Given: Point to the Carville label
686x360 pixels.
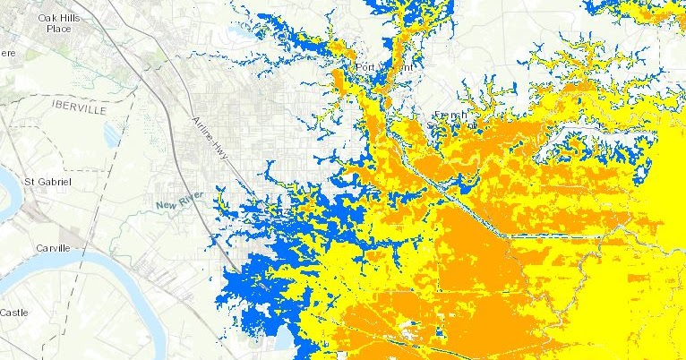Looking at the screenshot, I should coord(53,247).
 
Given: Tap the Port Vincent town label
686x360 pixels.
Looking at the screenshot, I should coord(383,68).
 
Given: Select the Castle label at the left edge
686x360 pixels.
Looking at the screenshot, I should coord(13,313).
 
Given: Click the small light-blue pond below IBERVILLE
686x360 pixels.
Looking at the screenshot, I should coord(112,133).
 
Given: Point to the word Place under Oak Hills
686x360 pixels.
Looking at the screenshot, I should coord(58,28).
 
